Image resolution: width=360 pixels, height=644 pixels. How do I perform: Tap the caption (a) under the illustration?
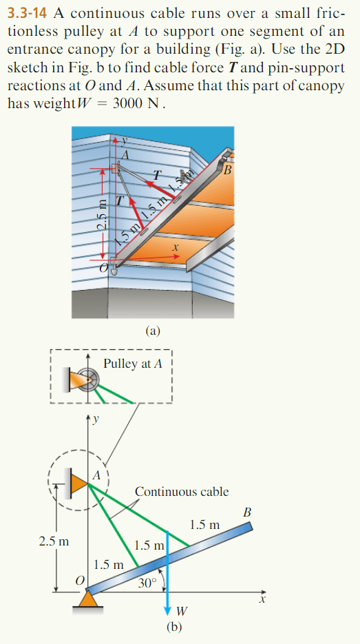pyautogui.click(x=153, y=331)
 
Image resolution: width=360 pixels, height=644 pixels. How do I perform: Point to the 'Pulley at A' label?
pyautogui.click(x=133, y=364)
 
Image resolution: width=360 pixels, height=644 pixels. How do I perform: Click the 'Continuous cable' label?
pyautogui.click(x=182, y=491)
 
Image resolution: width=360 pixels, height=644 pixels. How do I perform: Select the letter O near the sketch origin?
pyautogui.click(x=78, y=583)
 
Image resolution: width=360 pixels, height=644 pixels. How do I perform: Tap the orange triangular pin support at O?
pyautogui.click(x=86, y=601)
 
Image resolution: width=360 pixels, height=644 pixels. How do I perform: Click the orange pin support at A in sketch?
pyautogui.click(x=78, y=482)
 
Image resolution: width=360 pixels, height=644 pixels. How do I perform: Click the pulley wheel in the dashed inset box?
pyautogui.click(x=92, y=381)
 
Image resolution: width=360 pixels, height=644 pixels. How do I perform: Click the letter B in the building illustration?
pyautogui.click(x=226, y=170)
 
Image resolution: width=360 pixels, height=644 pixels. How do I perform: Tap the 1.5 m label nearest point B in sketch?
pyautogui.click(x=204, y=526)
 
